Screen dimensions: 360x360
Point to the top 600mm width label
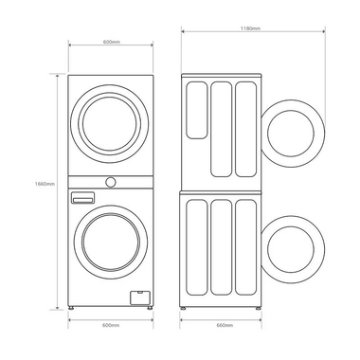coord(111,41)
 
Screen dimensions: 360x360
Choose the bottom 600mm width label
coord(111,324)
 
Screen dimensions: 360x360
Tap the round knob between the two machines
coord(111,180)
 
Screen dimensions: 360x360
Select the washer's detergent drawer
coord(83,198)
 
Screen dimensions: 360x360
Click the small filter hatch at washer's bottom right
coord(138,297)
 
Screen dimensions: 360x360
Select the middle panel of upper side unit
coord(221,128)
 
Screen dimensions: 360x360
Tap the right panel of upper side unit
coord(245,128)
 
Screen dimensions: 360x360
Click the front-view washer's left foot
coord(76,307)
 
